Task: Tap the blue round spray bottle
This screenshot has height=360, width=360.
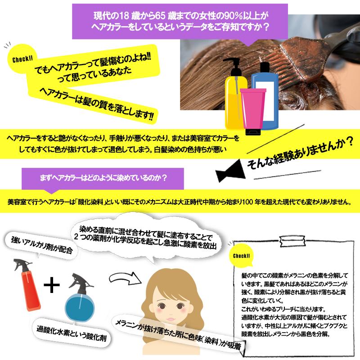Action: pyautogui.click(x=80, y=298)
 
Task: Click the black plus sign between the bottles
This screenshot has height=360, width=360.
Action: pyautogui.click(x=52, y=285)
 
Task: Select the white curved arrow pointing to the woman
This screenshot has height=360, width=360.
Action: pyautogui.click(x=125, y=278)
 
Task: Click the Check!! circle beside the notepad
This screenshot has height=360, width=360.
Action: pyautogui.click(x=241, y=256)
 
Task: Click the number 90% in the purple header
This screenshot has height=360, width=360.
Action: pyautogui.click(x=234, y=16)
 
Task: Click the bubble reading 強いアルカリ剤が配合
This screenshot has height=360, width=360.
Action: pyautogui.click(x=42, y=246)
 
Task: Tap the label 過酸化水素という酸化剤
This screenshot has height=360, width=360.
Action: pyautogui.click(x=72, y=333)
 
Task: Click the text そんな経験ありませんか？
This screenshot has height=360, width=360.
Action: pyautogui.click(x=300, y=153)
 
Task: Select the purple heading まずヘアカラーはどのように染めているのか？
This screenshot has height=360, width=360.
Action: pyautogui.click(x=103, y=178)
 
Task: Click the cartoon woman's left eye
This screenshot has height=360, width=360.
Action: pyautogui.click(x=162, y=306)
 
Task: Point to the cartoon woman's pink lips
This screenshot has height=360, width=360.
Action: pyautogui.click(x=171, y=319)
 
